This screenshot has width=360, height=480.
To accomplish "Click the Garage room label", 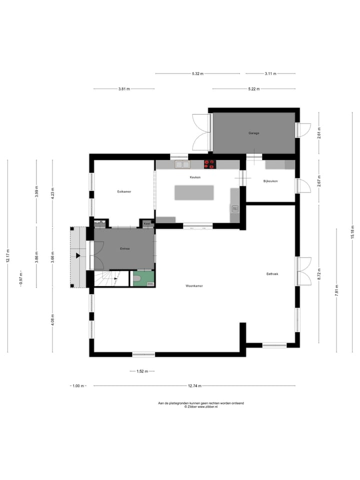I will [x=254, y=133].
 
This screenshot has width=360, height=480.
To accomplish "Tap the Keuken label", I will [x=195, y=177].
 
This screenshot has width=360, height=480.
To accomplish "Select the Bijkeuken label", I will [x=270, y=181].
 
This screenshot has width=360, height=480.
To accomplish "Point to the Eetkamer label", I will [x=124, y=191].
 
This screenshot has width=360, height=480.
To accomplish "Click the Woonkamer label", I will [x=194, y=286].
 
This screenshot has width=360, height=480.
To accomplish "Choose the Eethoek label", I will [x=272, y=273].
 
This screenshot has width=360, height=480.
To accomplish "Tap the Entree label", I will [x=124, y=248].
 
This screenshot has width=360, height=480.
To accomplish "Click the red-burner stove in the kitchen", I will [x=209, y=163].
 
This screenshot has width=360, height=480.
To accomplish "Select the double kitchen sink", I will [x=182, y=164].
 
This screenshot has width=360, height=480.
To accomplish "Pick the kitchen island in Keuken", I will [x=193, y=192].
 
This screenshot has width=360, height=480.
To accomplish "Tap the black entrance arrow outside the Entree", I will [x=78, y=255].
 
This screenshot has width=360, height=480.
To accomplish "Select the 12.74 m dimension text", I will [x=195, y=385].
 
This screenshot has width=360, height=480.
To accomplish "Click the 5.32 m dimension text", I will [x=197, y=74].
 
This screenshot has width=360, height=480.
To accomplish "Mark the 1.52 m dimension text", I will [x=142, y=371].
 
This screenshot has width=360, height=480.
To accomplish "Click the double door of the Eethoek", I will [x=303, y=270].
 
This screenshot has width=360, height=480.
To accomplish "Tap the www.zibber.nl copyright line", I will [x=201, y=407].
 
